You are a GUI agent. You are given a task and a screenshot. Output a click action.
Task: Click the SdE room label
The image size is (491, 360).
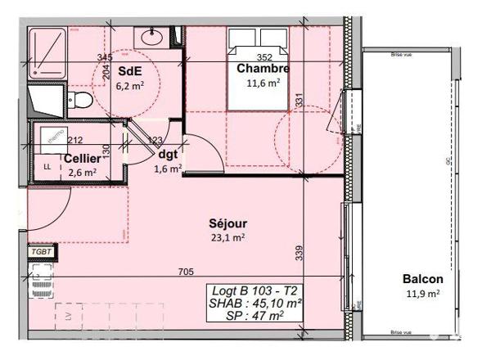(x=127, y=70)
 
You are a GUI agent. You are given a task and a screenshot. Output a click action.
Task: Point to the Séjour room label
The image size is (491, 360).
(x=228, y=223)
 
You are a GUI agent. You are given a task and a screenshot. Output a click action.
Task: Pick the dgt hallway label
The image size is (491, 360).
(x=168, y=153)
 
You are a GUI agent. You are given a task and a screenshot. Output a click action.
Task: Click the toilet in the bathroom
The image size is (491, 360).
(x=79, y=100)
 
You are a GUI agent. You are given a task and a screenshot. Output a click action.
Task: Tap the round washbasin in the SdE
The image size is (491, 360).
(x=151, y=37)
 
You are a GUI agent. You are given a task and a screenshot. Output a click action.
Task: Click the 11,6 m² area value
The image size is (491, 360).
(x=264, y=82)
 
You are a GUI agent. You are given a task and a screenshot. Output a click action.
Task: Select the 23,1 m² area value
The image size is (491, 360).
(x=228, y=237)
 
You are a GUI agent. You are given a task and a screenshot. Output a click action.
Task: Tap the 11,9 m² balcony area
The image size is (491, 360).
(x=423, y=293)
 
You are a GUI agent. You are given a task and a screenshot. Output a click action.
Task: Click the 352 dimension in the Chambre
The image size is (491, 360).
(x=264, y=57)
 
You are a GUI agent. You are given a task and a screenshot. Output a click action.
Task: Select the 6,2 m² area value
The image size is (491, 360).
(x=128, y=84)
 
